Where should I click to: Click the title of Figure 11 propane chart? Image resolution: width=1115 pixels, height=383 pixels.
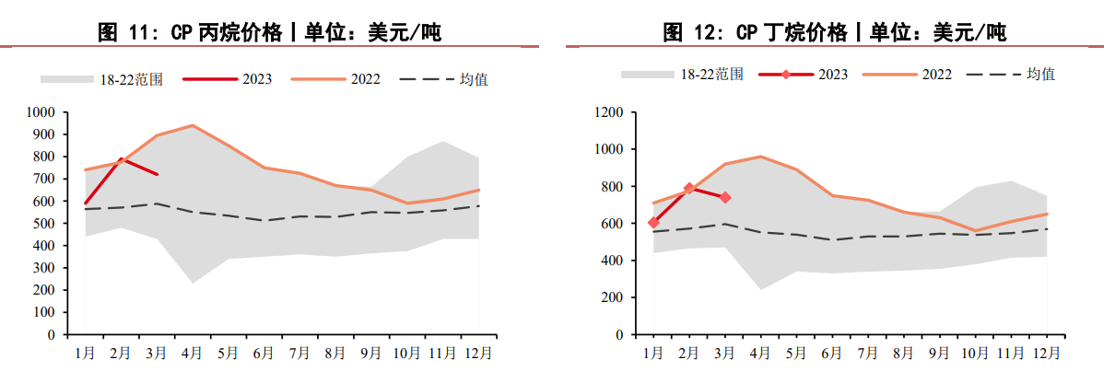pos(269,33)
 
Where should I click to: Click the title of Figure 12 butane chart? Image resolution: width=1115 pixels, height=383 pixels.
pos(834,33)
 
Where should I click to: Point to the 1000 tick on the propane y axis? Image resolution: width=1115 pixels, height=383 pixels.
pos(41,112)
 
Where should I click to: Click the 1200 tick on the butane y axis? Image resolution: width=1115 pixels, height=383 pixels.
pos(610,112)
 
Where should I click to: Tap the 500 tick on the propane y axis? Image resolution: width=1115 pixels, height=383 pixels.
pos(45,224)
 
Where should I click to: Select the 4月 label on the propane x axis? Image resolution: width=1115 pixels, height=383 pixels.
pos(193,353)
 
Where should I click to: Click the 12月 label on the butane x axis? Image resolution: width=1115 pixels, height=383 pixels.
pos(1046,353)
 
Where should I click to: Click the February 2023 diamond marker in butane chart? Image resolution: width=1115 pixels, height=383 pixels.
pos(689,189)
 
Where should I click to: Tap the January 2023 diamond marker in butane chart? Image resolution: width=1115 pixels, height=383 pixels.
pos(653,223)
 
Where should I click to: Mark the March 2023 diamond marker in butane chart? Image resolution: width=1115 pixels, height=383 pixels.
pos(725,197)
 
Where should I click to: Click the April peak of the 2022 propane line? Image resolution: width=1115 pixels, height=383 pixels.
pos(193,125)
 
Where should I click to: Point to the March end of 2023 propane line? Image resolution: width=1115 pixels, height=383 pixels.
pos(158,175)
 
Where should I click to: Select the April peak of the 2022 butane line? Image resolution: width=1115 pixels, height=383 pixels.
pos(761,157)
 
